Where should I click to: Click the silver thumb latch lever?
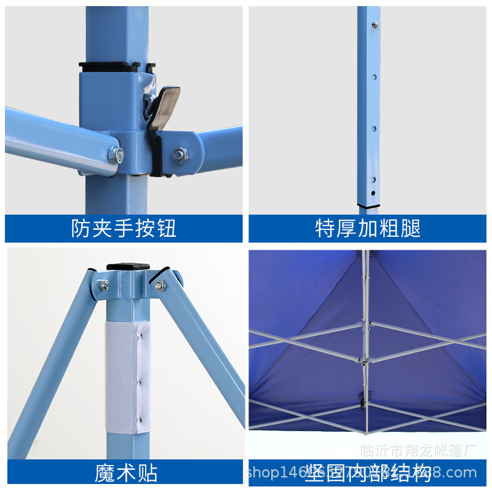coord(165,104)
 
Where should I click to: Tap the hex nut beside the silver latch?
coord(180,154)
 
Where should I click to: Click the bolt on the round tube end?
coord(116,154)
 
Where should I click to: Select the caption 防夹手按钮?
coord(124,228)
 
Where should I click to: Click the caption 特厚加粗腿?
coord(368,228)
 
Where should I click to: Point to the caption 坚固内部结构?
coord(368,473)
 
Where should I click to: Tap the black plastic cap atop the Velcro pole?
coord(128,267)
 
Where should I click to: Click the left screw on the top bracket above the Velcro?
coord(105,285)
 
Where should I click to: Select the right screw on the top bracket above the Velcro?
coord(160,285)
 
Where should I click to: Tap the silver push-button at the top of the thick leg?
coord(374,25)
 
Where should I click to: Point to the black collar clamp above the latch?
coord(116,65)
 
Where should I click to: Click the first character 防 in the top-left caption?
coord(81,228)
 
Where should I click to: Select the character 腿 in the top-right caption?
coord(411,228)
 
